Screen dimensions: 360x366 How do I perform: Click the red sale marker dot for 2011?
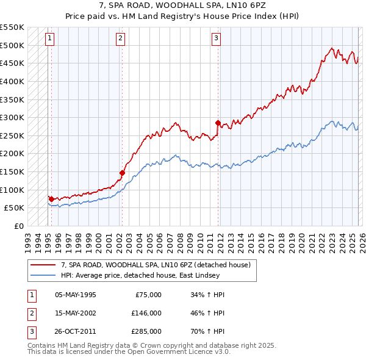(x=217, y=123)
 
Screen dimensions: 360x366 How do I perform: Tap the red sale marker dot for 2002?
(x=122, y=173)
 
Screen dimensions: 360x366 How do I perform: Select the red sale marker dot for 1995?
(x=51, y=198)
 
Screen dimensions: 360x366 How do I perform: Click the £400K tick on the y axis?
(x=12, y=81)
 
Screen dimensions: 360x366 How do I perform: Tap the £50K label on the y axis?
(x=14, y=208)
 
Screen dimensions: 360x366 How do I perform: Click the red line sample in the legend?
(x=43, y=265)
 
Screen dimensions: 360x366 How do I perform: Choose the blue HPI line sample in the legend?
(x=43, y=275)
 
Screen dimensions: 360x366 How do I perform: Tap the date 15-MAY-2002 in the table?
(x=76, y=312)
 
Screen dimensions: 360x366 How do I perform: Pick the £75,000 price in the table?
(x=148, y=294)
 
